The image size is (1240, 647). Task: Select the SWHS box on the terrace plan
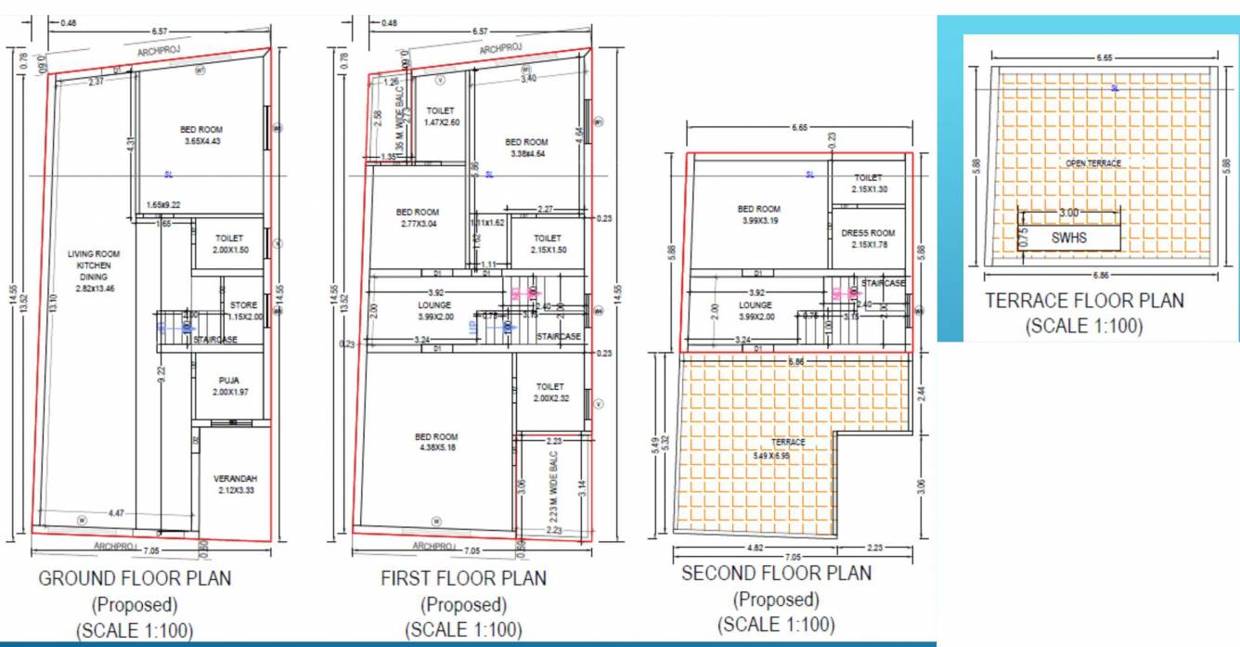(x=1068, y=238)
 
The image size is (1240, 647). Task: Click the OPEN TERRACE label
(x=1092, y=163)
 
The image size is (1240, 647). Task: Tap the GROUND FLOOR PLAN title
(x=135, y=578)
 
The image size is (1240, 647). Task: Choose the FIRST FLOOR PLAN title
(x=463, y=578)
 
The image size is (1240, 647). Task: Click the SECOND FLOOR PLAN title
(x=776, y=574)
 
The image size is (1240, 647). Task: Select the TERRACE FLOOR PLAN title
(x=1084, y=301)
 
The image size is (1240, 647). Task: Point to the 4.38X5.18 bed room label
(x=435, y=443)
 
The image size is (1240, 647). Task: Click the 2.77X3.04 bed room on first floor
(x=417, y=218)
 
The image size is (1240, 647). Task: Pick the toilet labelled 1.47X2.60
(x=441, y=116)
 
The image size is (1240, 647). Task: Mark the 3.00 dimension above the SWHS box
(x=1068, y=213)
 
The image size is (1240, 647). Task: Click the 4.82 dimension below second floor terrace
(x=757, y=548)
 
